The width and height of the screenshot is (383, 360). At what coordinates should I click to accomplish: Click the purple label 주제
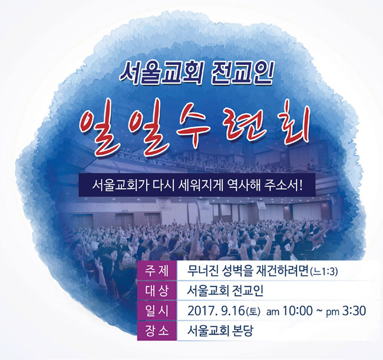pos(157,272)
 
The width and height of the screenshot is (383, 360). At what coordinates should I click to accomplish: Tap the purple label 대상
pos(157,291)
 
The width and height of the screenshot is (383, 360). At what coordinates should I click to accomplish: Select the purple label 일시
pos(157,311)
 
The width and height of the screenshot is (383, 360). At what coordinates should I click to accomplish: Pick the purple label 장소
pos(157,331)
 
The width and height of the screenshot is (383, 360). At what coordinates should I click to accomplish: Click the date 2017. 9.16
pos(216,311)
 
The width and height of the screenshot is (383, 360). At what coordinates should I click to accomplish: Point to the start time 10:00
pos(298,311)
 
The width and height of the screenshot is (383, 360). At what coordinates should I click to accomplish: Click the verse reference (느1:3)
pos(323,272)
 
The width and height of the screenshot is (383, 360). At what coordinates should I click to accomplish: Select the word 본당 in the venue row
pos(242,331)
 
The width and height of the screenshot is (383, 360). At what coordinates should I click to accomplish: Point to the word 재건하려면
pos(282,271)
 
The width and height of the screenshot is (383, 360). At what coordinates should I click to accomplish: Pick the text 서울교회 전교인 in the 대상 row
pos(225,291)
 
